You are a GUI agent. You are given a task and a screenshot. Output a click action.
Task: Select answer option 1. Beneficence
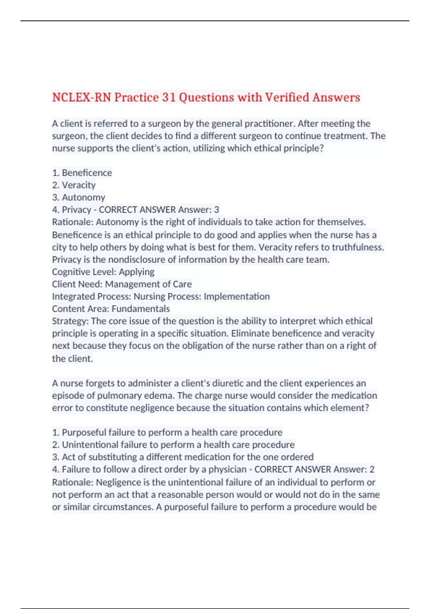82,173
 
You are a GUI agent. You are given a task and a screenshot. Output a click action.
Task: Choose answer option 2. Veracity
74,185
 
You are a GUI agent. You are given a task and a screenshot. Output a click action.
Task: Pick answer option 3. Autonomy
78,197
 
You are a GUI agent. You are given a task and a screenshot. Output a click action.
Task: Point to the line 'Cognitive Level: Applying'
103,272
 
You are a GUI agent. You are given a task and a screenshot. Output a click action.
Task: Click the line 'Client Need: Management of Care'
122,284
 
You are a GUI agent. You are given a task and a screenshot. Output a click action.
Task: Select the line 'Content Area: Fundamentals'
111,309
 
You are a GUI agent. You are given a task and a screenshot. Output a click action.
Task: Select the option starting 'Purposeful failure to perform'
167,432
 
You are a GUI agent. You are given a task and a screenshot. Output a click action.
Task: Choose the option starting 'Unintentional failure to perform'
173,445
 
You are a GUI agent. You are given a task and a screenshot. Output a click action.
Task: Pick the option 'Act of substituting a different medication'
183,457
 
